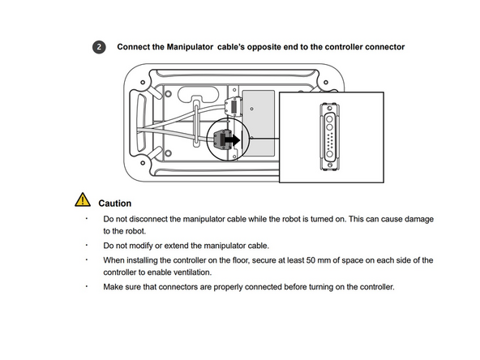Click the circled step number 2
[x=99, y=48]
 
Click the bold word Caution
[x=114, y=204]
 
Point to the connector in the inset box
[x=330, y=135]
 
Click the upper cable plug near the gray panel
[x=233, y=106]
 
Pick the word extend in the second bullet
[x=182, y=245]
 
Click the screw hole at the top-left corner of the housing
[x=144, y=82]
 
